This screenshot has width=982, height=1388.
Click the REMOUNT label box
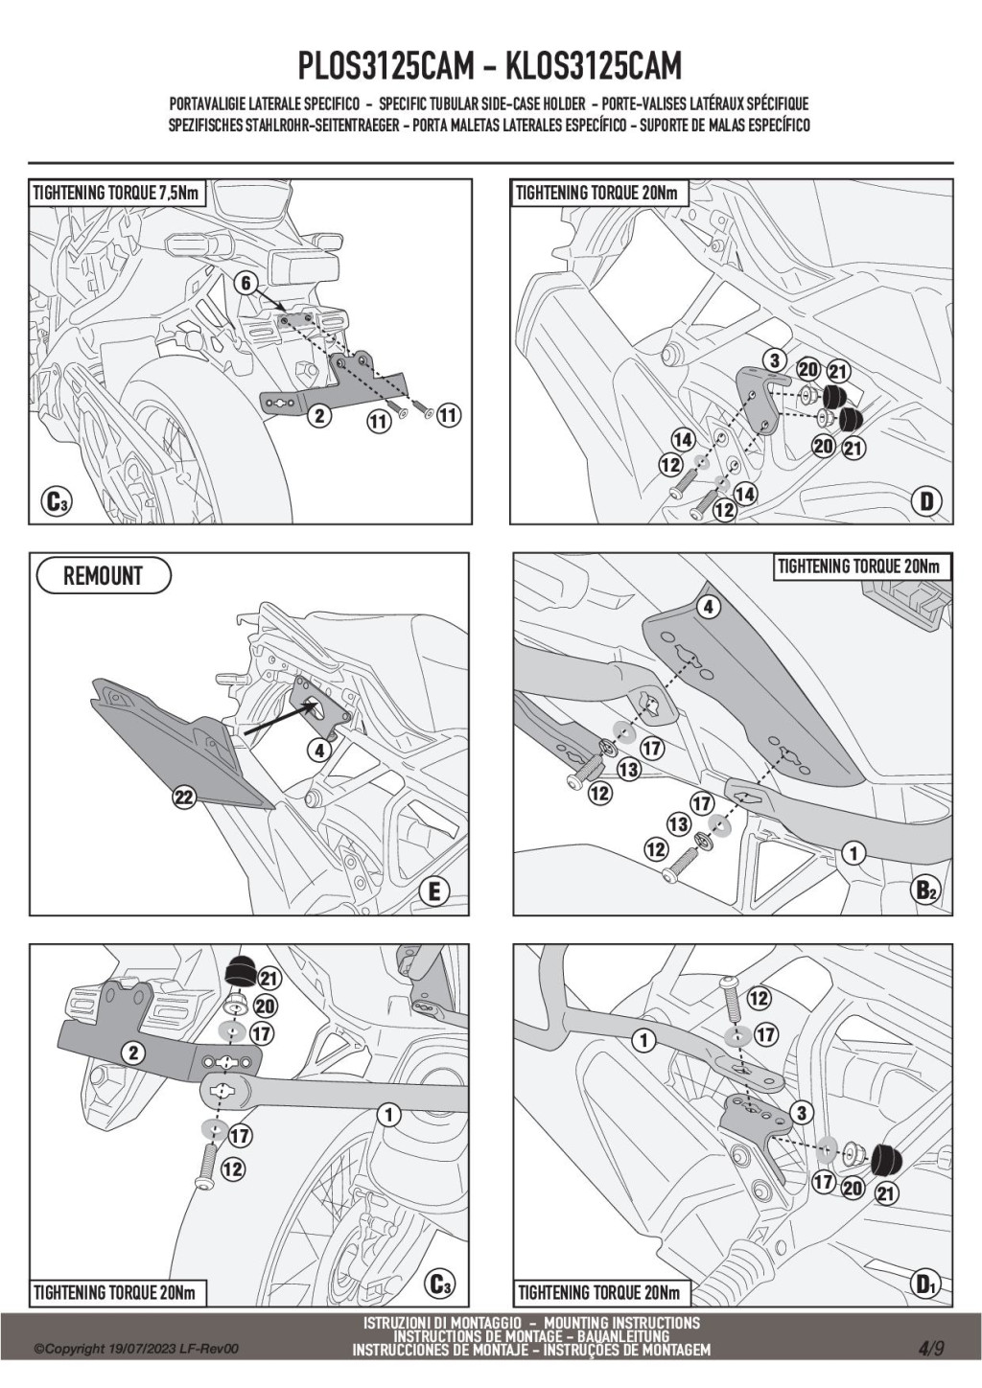click(103, 576)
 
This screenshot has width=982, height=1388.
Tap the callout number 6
click(245, 283)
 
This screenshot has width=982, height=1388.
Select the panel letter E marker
click(433, 891)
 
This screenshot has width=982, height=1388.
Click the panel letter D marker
click(926, 500)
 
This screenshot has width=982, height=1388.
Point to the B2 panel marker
click(925, 891)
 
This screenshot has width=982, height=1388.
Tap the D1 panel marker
click(925, 1284)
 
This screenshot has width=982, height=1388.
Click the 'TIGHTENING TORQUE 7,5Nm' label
click(116, 193)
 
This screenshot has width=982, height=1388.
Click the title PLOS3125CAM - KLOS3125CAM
click(490, 67)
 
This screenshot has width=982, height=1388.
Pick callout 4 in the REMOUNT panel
click(319, 751)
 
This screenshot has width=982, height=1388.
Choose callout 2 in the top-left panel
click(319, 415)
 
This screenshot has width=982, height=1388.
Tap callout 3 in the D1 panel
click(800, 1113)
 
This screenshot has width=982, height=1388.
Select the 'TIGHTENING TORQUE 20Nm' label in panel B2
click(862, 566)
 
